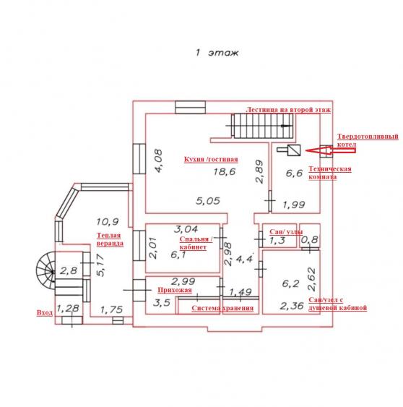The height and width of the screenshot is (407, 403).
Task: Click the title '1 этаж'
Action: click(217, 53)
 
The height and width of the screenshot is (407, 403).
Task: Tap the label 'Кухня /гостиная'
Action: click(211, 159)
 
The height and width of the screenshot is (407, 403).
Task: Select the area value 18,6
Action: click(225, 171)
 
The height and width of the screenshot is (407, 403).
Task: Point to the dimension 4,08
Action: click(158, 160)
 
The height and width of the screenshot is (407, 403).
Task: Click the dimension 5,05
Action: click(208, 201)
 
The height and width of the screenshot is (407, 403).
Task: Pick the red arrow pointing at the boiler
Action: click(331, 150)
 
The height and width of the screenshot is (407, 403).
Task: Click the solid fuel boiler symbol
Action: click(289, 150)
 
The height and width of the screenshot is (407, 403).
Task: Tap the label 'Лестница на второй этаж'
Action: click(288, 110)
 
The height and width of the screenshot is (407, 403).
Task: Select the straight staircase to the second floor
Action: click(262, 126)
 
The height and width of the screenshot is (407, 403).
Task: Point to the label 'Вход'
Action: click(45, 312)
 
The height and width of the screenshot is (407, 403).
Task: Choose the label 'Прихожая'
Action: click(175, 290)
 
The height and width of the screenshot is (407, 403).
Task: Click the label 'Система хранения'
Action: click(222, 308)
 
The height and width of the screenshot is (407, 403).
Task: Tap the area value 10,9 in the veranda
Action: click(108, 222)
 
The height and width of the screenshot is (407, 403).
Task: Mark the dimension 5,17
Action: click(100, 265)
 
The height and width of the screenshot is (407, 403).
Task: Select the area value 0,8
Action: click(309, 239)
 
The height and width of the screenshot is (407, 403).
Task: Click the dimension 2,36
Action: click(292, 306)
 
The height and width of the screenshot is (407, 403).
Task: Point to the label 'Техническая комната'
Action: click(330, 173)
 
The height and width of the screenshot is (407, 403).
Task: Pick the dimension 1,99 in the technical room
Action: click(294, 205)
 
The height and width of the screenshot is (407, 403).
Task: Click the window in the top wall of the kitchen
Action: click(190, 108)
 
